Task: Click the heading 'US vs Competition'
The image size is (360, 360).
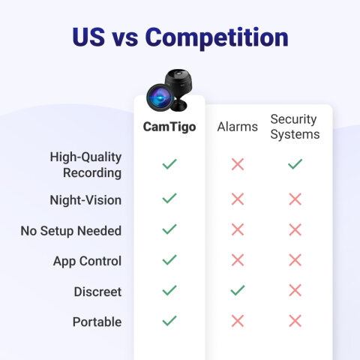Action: pyautogui.click(x=180, y=37)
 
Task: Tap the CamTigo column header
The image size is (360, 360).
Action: pyautogui.click(x=169, y=127)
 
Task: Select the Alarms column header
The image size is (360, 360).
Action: pyautogui.click(x=237, y=127)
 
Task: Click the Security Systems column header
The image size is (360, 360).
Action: pyautogui.click(x=295, y=127)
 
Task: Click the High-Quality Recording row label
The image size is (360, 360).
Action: pyautogui.click(x=85, y=164)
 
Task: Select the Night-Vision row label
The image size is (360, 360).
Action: pyautogui.click(x=86, y=200)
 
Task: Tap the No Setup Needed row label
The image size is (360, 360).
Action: pyautogui.click(x=71, y=231)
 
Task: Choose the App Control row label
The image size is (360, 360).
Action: pyautogui.click(x=87, y=261)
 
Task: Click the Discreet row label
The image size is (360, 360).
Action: pyautogui.click(x=97, y=291)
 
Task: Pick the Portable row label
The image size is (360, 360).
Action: pyautogui.click(x=97, y=322)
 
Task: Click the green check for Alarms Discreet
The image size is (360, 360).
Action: pyautogui.click(x=238, y=290)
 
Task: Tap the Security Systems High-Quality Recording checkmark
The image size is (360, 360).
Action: pyautogui.click(x=295, y=163)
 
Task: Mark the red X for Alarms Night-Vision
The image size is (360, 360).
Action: pyautogui.click(x=238, y=199)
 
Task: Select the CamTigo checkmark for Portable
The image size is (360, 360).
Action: pyautogui.click(x=169, y=320)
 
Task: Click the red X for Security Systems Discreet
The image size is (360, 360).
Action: pyautogui.click(x=295, y=290)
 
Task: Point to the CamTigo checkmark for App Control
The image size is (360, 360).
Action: pyautogui.click(x=169, y=259)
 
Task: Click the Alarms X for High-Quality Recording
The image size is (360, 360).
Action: pyautogui.click(x=238, y=164)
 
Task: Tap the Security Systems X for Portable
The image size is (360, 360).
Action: pyautogui.click(x=295, y=321)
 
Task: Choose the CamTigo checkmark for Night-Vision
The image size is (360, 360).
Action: pyautogui.click(x=169, y=198)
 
